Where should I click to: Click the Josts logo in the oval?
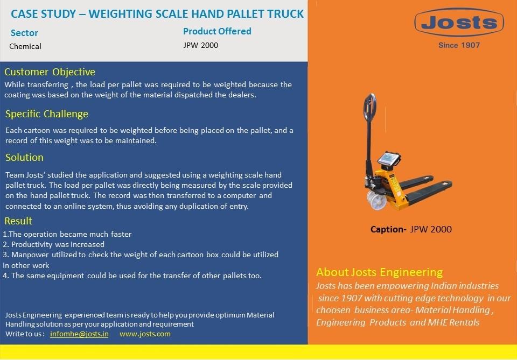(x=459, y=23)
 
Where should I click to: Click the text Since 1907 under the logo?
(x=459, y=45)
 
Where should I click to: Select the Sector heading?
(x=24, y=33)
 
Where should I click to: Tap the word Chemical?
(x=25, y=46)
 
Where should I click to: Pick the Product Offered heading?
(x=217, y=31)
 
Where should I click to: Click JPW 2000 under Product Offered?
(x=201, y=45)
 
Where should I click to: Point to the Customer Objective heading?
(x=50, y=72)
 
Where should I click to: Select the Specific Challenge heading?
(x=46, y=114)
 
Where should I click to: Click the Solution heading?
(x=24, y=158)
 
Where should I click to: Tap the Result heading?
(x=18, y=221)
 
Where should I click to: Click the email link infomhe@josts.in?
(x=79, y=334)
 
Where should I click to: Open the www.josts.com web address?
(x=145, y=334)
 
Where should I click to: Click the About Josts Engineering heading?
(x=379, y=272)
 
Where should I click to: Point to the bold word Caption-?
(x=388, y=229)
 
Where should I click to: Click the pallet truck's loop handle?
(x=370, y=108)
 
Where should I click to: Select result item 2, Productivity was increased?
(x=54, y=244)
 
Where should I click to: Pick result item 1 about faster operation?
(x=67, y=234)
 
